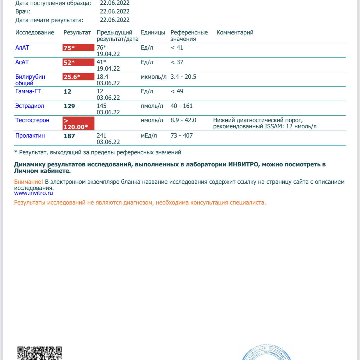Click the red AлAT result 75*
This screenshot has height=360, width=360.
click(78, 48)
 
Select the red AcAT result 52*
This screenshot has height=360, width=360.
click(78, 62)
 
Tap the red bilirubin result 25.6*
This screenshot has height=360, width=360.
click(78, 77)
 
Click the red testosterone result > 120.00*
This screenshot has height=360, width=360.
click(78, 124)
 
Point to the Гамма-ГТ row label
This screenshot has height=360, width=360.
click(28, 91)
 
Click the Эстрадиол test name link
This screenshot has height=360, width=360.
click(30, 106)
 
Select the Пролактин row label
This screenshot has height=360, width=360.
click(30, 136)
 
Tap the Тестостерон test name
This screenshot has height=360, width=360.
click(32, 120)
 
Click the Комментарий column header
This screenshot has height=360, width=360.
click(235, 32)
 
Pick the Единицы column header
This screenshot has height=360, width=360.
click(153, 32)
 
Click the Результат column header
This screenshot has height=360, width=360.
click(77, 32)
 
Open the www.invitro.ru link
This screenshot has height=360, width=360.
click(33, 193)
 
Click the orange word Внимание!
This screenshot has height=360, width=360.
click(29, 182)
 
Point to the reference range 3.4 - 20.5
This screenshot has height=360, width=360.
click(183, 77)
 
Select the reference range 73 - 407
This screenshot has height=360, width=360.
click(182, 136)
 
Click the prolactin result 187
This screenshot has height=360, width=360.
click(69, 136)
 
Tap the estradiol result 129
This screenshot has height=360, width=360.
click(69, 106)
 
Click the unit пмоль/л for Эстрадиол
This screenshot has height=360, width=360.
click(152, 106)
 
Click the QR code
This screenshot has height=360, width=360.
click(40, 353)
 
